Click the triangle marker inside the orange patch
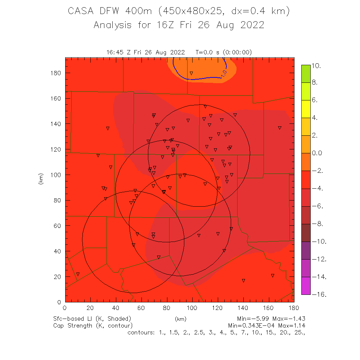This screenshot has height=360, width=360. click(x=191, y=73)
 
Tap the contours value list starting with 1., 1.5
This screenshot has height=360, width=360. click(x=216, y=332)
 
